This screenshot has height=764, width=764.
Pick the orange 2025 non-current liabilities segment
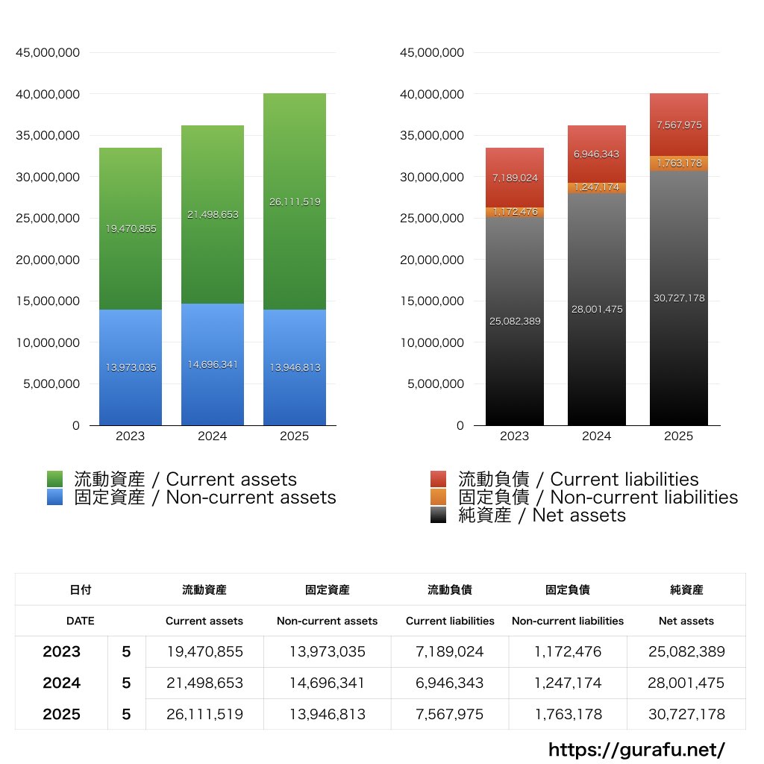pyautogui.click(x=678, y=163)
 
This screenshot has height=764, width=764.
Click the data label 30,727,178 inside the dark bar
pyautogui.click(x=678, y=298)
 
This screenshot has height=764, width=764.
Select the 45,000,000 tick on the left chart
pyautogui.click(x=48, y=53)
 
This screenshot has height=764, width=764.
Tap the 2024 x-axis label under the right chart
pyautogui.click(x=596, y=436)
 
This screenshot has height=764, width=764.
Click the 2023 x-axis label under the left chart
pyautogui.click(x=130, y=436)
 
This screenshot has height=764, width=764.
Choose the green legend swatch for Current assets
pyautogui.click(x=55, y=480)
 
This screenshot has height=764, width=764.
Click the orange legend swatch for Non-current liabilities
pyautogui.click(x=439, y=498)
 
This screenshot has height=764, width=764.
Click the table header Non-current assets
pyautogui.click(x=327, y=621)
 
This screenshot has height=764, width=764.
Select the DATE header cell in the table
pyautogui.click(x=80, y=621)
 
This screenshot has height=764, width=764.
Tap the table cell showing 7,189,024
pyautogui.click(x=450, y=651)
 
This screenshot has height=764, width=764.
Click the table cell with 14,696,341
pyautogui.click(x=327, y=683)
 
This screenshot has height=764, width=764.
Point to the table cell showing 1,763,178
pyautogui.click(x=568, y=714)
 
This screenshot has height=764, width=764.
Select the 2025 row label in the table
pyautogui.click(x=61, y=714)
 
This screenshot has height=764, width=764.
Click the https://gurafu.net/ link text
pyautogui.click(x=636, y=749)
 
